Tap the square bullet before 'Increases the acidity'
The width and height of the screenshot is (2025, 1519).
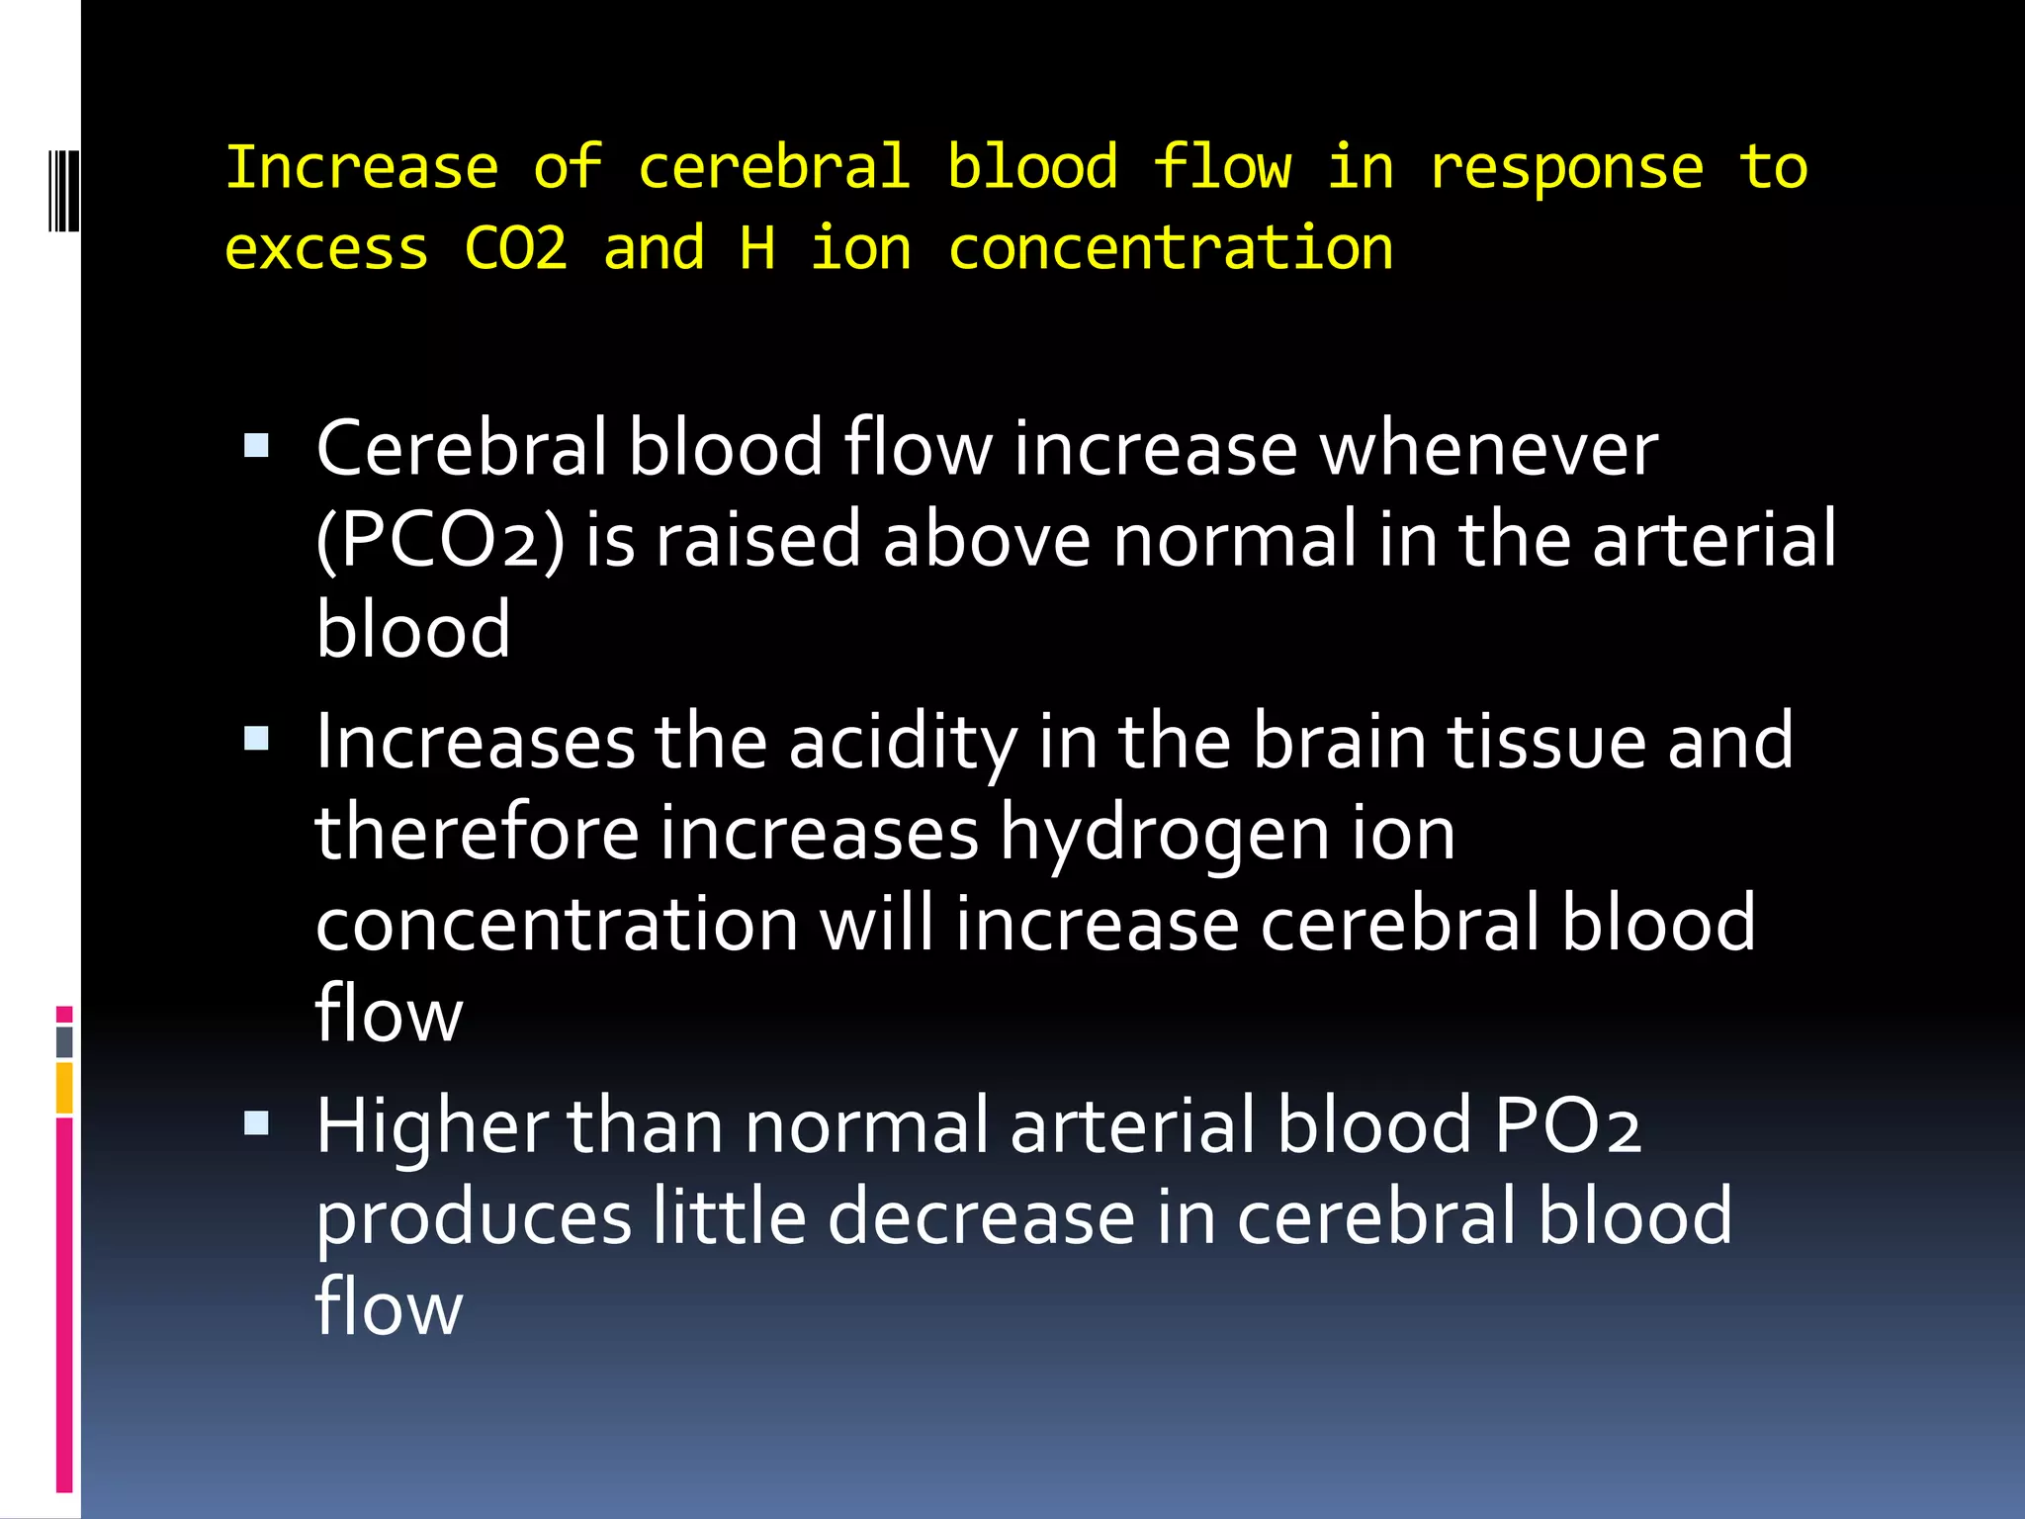pos(256,738)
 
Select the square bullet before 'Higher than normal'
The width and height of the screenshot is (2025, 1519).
pos(256,1122)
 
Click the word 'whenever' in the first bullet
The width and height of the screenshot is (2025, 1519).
pos(1489,449)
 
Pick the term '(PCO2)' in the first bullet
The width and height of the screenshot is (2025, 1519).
pos(440,540)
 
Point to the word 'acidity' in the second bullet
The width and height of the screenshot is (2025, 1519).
pos(903,742)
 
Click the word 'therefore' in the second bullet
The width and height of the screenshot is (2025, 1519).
pos(477,833)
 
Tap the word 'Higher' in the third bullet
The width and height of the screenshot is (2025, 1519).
pos(431,1126)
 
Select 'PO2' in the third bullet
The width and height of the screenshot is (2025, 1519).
pos(1567,1126)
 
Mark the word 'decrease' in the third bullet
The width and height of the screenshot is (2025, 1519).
pos(981,1217)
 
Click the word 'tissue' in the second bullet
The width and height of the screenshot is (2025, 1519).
pos(1547,742)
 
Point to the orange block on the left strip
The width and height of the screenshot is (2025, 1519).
pos(64,1088)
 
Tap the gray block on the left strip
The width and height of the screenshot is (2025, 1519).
pos(64,1042)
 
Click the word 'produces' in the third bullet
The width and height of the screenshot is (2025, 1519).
pos(474,1217)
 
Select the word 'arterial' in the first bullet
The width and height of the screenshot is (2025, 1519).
pos(1715,540)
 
